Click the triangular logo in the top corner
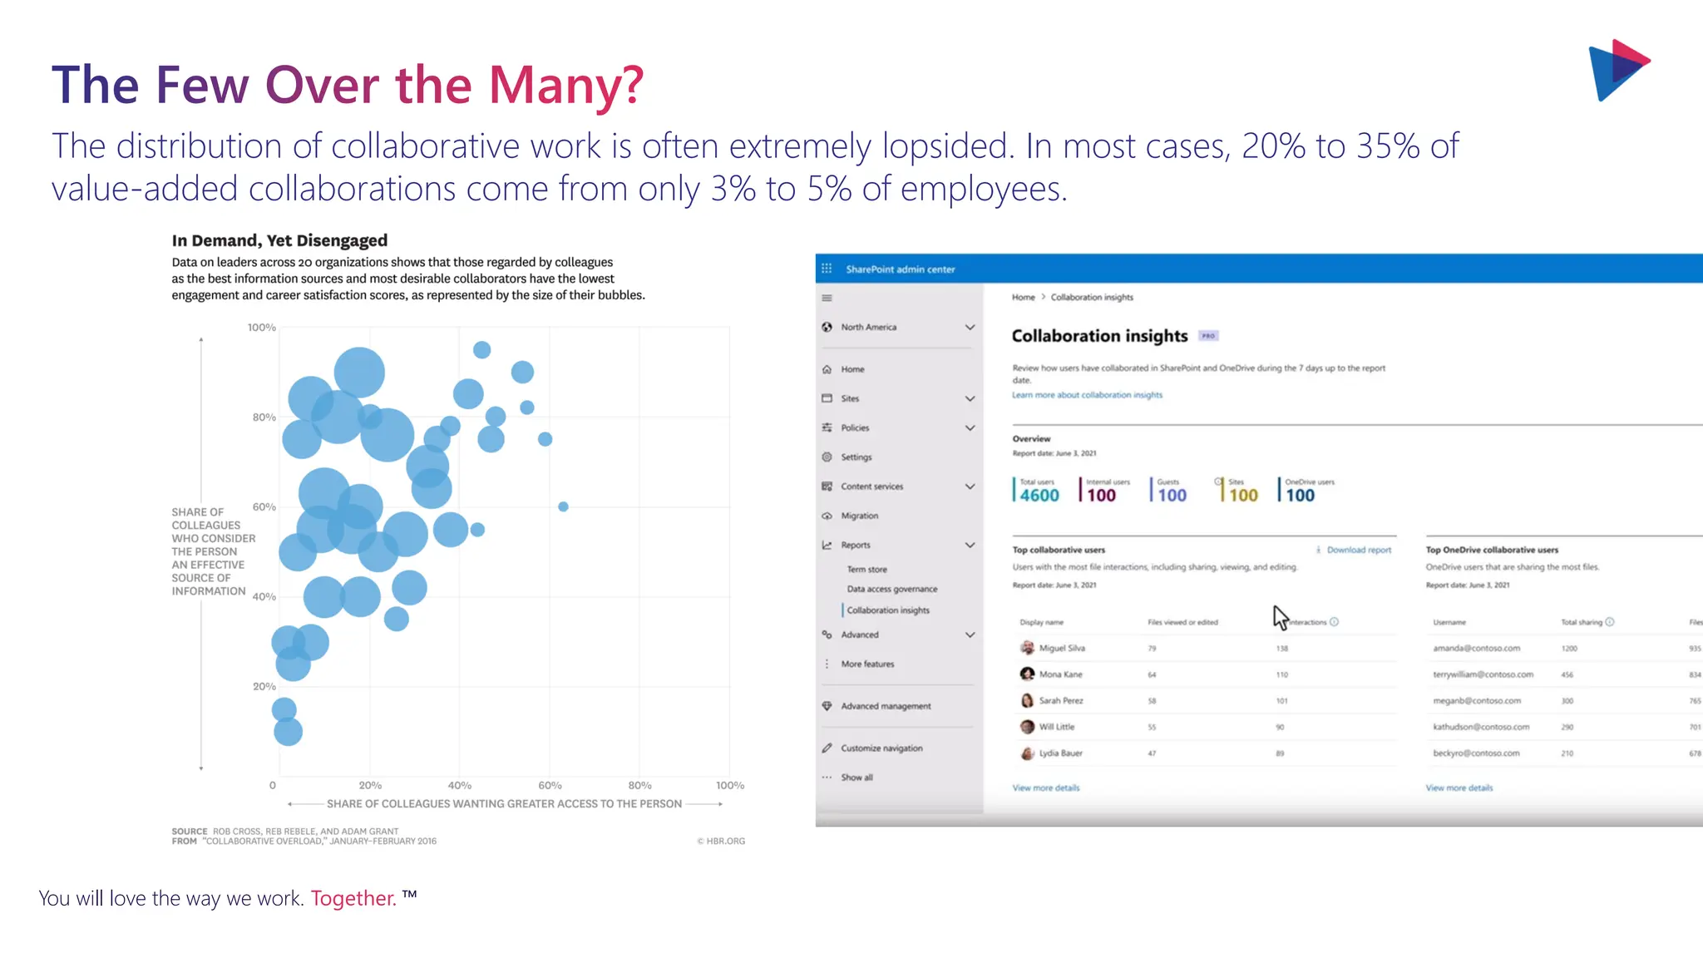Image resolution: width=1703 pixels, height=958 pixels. (1617, 70)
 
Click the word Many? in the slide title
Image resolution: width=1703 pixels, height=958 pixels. (565, 86)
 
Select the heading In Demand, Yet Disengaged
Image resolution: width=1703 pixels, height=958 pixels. (279, 240)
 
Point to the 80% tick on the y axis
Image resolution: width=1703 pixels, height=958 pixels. (264, 417)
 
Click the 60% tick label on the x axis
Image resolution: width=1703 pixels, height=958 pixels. (550, 785)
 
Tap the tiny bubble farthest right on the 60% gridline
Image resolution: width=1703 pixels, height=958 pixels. (563, 506)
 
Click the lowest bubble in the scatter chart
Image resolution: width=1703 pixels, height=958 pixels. (288, 732)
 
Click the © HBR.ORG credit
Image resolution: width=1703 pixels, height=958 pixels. (721, 841)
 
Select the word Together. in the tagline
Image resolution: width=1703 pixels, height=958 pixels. (353, 898)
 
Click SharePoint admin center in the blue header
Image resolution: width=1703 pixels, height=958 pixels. (900, 269)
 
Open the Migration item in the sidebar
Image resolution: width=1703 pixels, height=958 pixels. (859, 516)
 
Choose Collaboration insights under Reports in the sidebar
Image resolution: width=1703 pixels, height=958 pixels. (888, 610)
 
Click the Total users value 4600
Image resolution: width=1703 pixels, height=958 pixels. (1039, 496)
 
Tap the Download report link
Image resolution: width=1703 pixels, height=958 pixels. (1358, 550)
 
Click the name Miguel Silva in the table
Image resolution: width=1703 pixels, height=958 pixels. (1062, 648)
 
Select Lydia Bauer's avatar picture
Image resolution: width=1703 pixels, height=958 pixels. (1027, 753)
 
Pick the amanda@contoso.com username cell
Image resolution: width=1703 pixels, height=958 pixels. (1476, 648)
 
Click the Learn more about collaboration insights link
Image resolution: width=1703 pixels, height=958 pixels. (1087, 395)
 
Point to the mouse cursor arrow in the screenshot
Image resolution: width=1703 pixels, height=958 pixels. (1279, 616)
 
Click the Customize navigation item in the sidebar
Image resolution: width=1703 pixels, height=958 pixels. (881, 748)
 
